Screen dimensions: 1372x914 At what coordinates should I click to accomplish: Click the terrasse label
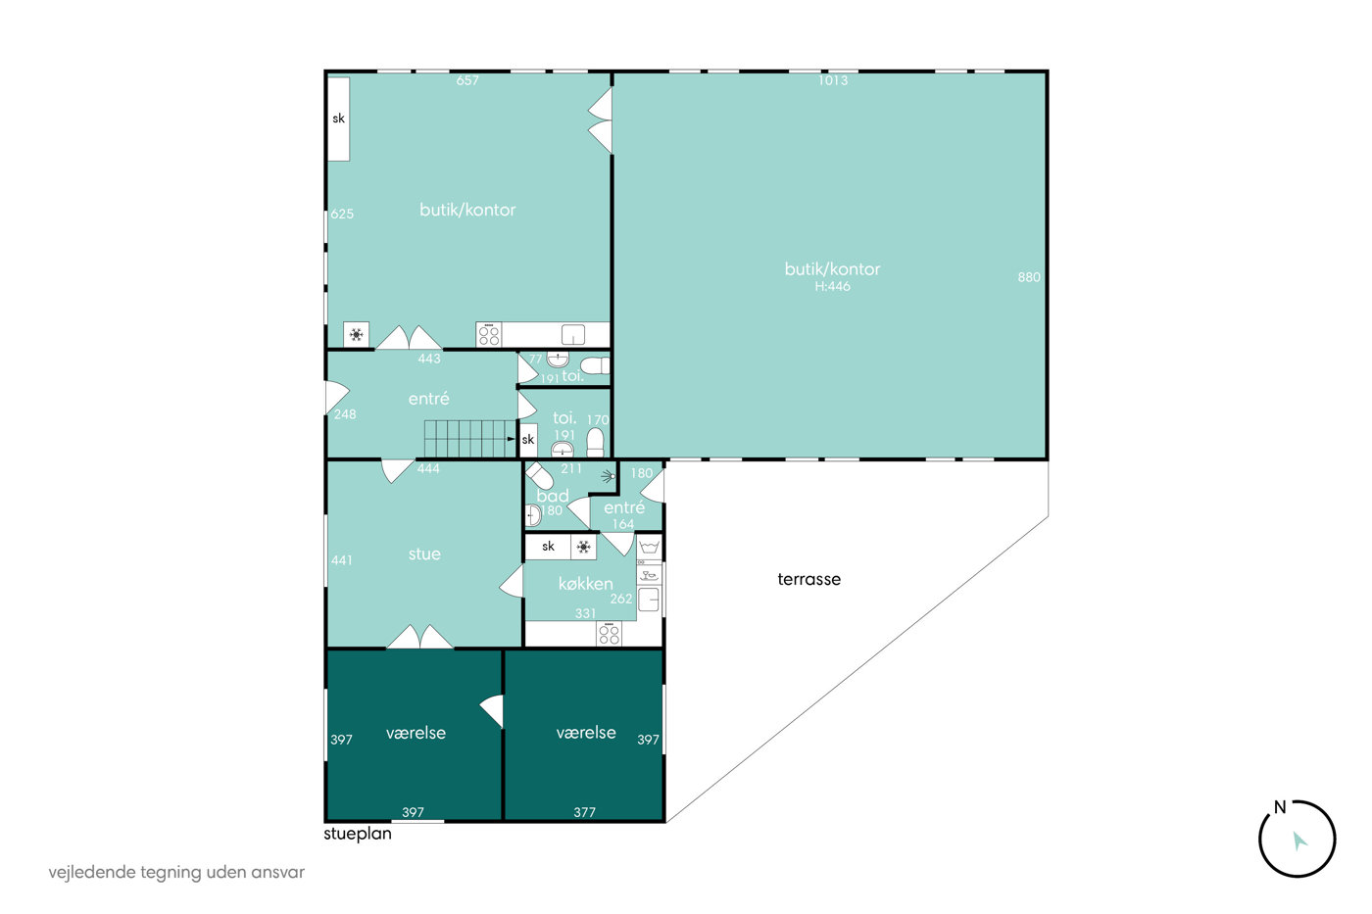[x=808, y=579]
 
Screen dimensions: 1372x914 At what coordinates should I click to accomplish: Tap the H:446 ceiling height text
[x=832, y=286]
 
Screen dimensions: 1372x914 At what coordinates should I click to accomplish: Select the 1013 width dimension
[x=833, y=80]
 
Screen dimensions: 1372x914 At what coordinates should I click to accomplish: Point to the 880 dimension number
[x=1029, y=277]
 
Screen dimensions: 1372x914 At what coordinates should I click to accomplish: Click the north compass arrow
[x=1299, y=841]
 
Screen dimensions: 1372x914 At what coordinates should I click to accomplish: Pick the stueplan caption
[x=357, y=835]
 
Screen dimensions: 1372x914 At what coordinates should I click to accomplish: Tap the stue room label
[x=424, y=554]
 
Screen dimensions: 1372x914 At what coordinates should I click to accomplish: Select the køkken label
[x=586, y=584]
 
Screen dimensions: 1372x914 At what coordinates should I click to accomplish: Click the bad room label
[x=553, y=496]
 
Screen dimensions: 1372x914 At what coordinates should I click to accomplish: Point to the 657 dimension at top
[x=467, y=80]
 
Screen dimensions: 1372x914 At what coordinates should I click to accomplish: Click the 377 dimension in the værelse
[x=584, y=812]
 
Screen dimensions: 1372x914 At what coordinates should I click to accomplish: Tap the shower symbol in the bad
[x=609, y=476]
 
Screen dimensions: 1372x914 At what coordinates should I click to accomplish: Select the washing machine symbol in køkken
[x=649, y=546]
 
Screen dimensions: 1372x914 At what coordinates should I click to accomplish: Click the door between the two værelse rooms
[x=492, y=711]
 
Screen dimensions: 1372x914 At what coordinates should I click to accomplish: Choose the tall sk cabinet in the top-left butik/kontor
[x=339, y=119]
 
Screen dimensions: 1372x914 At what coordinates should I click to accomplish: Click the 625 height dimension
[x=342, y=214]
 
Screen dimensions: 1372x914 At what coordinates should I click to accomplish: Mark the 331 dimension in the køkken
[x=586, y=613]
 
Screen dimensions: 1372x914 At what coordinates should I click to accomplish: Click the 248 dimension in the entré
[x=345, y=414]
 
